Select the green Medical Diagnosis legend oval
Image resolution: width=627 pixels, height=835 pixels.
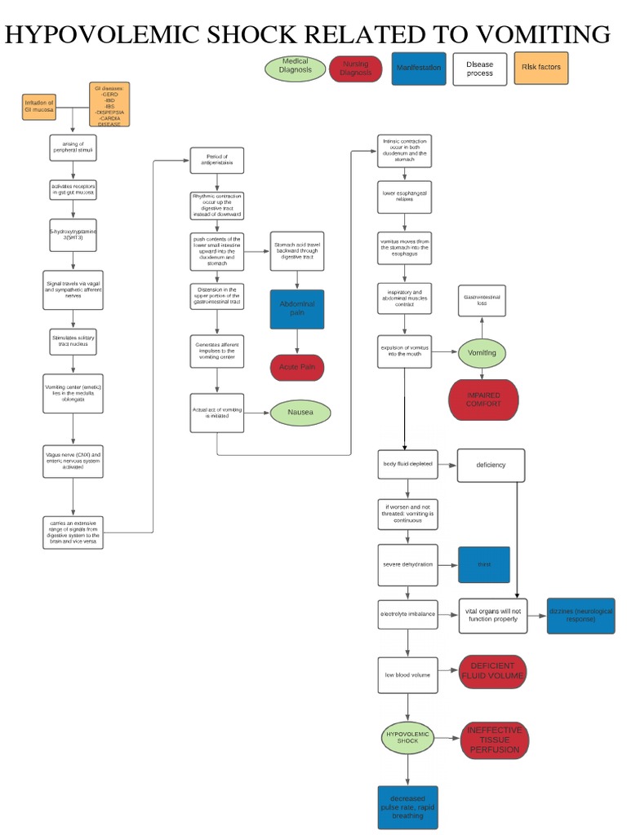295,67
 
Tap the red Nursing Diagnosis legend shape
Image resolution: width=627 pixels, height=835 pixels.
355,68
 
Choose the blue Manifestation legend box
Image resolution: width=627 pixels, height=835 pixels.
418,68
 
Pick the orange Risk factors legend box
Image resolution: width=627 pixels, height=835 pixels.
541,68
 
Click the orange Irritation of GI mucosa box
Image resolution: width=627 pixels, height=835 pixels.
39,107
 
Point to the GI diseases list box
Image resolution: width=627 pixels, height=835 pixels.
109,105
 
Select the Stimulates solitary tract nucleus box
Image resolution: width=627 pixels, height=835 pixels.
73,341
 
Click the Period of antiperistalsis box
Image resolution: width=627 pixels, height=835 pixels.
216,159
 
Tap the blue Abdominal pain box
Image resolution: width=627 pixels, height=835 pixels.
297,309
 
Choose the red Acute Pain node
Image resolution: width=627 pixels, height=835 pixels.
297,368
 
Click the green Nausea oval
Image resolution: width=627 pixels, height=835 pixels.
300,413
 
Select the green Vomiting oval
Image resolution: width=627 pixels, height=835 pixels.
482,353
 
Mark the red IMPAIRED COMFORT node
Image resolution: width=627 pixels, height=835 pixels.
483,400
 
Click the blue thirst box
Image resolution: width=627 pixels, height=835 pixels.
484,564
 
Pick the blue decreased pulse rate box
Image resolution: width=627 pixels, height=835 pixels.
407,807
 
